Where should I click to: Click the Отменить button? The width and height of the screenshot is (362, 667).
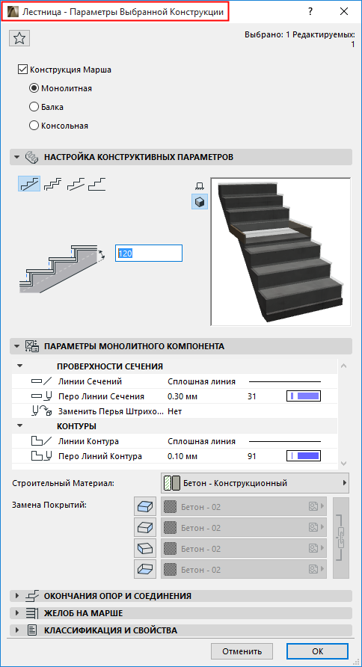pyautogui.click(x=241, y=651)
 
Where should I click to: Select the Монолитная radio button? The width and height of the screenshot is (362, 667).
pyautogui.click(x=34, y=88)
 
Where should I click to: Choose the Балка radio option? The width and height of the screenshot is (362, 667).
pyautogui.click(x=34, y=107)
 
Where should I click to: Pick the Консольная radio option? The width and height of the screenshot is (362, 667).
pyautogui.click(x=34, y=126)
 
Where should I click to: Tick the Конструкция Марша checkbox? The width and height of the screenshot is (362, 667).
pyautogui.click(x=22, y=70)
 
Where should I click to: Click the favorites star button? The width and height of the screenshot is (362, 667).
pyautogui.click(x=20, y=38)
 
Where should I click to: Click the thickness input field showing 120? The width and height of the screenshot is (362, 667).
pyautogui.click(x=148, y=253)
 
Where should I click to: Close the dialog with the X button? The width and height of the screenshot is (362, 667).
pyautogui.click(x=343, y=12)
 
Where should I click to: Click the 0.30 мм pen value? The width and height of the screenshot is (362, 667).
pyautogui.click(x=182, y=396)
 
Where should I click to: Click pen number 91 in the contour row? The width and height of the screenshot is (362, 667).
pyautogui.click(x=251, y=456)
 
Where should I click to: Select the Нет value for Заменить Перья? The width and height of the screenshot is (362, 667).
pyautogui.click(x=175, y=411)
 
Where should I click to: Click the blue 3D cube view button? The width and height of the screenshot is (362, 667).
pyautogui.click(x=200, y=202)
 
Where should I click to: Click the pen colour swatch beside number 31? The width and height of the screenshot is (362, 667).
pyautogui.click(x=304, y=396)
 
